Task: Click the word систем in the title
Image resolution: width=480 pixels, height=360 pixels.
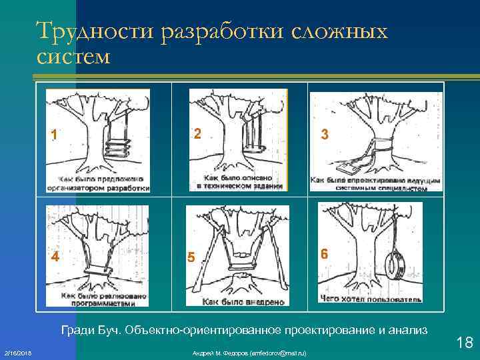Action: [x=74, y=57]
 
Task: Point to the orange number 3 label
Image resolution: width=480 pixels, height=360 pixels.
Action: [x=324, y=134]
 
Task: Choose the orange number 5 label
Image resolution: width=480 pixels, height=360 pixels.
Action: [x=191, y=257]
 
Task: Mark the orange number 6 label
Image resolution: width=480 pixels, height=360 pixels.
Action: [x=324, y=254]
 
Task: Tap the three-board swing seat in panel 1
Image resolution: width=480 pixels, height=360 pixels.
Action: [x=115, y=147]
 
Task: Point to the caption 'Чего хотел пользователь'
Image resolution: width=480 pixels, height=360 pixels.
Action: [x=371, y=299]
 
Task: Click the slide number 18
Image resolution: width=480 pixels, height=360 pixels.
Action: [x=465, y=343]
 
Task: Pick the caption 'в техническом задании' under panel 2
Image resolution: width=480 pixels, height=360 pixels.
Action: [x=240, y=187]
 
